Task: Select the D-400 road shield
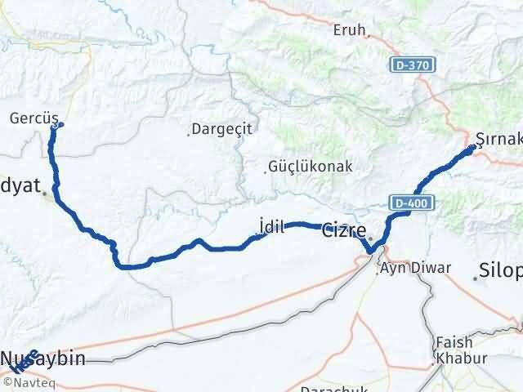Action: [405, 201]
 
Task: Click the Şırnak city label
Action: [498, 138]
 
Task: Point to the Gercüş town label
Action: [31, 118]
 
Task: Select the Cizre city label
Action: [344, 229]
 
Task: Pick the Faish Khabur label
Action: [454, 350]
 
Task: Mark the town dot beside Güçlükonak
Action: [266, 171]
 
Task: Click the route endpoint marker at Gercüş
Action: [56, 125]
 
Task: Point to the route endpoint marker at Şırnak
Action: [471, 149]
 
